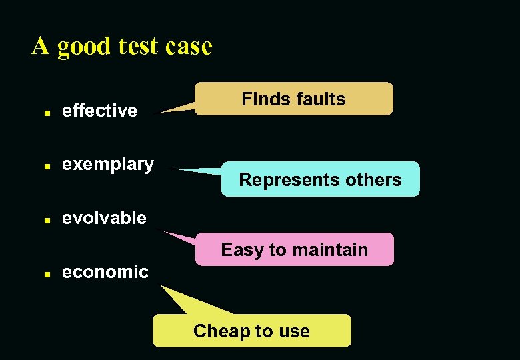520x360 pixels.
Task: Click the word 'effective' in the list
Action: (99, 111)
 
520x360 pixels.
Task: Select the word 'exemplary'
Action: (107, 164)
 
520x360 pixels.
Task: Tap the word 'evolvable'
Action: (104, 218)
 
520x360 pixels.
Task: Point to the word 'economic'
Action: (105, 272)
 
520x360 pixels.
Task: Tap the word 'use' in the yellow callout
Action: (293, 332)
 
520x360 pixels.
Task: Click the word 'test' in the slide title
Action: (137, 47)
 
